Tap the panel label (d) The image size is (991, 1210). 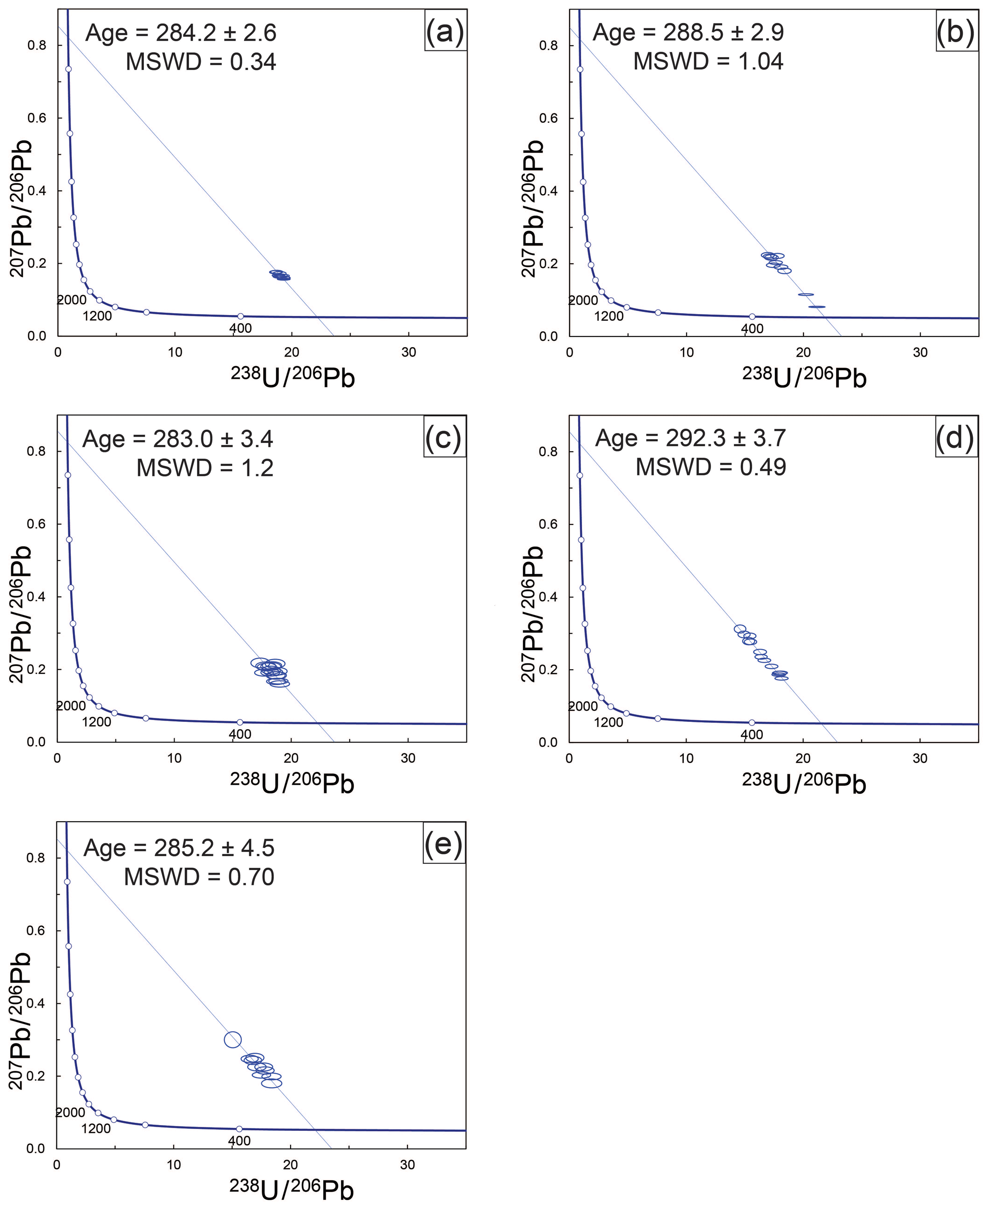pos(955,438)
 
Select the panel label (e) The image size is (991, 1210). pos(443,845)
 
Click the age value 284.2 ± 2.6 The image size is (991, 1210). pos(216,33)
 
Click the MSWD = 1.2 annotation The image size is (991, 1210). pos(205,468)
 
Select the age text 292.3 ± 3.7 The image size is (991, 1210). pos(725,438)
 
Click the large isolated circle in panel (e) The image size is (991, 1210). pos(233,1040)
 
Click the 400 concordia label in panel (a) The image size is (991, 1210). pos(240,328)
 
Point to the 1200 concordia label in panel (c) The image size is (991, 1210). pos(96,722)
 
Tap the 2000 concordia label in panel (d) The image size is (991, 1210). pos(583,707)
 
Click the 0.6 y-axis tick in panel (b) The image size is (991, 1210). pos(548,118)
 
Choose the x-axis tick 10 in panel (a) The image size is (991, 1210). pos(175,352)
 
